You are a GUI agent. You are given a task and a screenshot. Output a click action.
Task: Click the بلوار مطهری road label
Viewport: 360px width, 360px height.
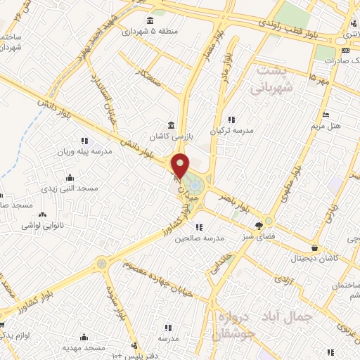pyautogui.click(x=293, y=181)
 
